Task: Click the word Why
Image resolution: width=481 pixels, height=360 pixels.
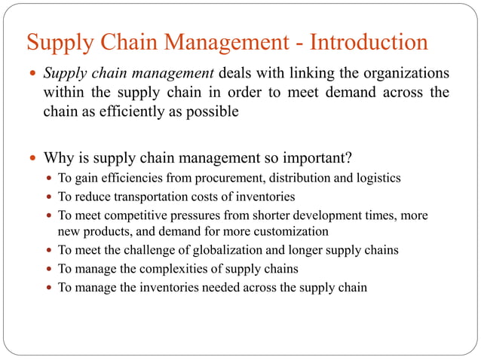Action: pos(59,158)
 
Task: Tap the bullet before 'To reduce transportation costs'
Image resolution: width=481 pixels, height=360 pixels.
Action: pos(49,197)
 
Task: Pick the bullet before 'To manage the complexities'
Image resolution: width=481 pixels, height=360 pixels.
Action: pos(49,269)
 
